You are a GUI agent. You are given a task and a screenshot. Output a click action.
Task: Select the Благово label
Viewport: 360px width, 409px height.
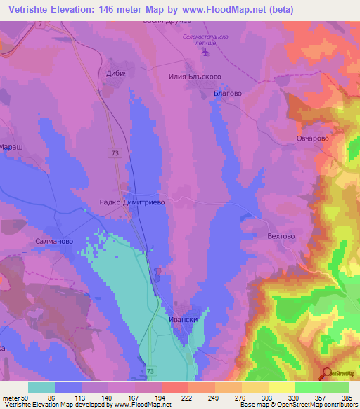pyautogui.click(x=229, y=92)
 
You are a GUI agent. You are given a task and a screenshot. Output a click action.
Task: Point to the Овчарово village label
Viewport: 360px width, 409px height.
pyautogui.click(x=312, y=138)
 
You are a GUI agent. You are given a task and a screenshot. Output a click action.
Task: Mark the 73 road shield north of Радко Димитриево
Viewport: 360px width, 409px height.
pyautogui.click(x=115, y=152)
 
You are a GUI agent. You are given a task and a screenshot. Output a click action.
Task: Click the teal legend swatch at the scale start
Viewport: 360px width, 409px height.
pyautogui.click(x=41, y=387)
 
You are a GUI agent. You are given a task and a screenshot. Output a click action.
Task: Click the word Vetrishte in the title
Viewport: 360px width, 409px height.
pyautogui.click(x=26, y=9)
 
